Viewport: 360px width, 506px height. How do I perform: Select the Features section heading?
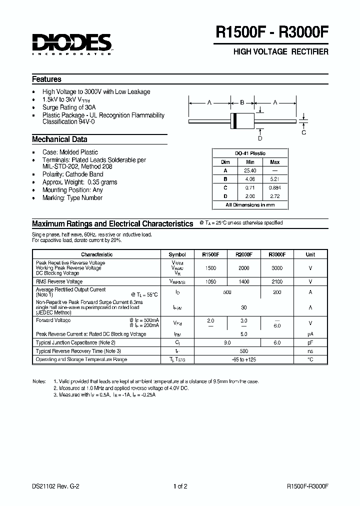pos(46,79)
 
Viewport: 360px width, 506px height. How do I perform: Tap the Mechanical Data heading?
pos(59,139)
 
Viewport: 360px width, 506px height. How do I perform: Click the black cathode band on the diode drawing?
pos(233,121)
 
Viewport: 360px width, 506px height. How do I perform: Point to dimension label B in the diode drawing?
pos(242,102)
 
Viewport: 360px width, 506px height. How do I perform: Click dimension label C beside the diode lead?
pos(303,132)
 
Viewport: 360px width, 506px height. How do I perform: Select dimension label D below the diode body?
pos(259,138)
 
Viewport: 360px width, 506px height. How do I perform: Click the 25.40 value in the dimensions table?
pos(250,170)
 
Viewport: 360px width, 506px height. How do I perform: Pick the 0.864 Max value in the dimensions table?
pos(275,187)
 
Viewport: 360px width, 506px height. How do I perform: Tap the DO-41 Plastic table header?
pos(250,153)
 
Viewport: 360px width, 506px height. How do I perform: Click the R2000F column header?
pos(243,254)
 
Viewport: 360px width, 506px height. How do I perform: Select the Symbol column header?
pos(177,254)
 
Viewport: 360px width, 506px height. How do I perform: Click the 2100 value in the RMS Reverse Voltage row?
pos(277,282)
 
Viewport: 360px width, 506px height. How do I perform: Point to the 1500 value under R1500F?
pos(210,268)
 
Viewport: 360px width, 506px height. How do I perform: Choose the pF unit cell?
pos(310,342)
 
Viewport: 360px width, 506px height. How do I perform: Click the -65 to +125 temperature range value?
pos(244,359)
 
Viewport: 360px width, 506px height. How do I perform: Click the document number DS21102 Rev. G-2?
pos(55,486)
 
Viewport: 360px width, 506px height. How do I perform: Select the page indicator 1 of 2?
pos(180,486)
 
